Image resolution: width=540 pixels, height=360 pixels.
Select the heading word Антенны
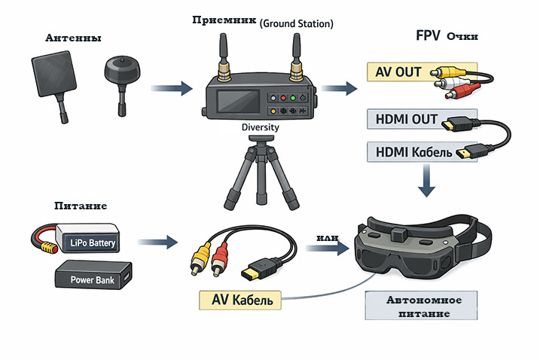tap(72, 38)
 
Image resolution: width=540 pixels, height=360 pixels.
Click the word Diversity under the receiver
tap(260, 127)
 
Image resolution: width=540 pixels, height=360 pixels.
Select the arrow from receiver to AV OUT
tap(343, 89)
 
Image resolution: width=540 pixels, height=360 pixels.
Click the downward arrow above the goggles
tap(428, 183)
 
